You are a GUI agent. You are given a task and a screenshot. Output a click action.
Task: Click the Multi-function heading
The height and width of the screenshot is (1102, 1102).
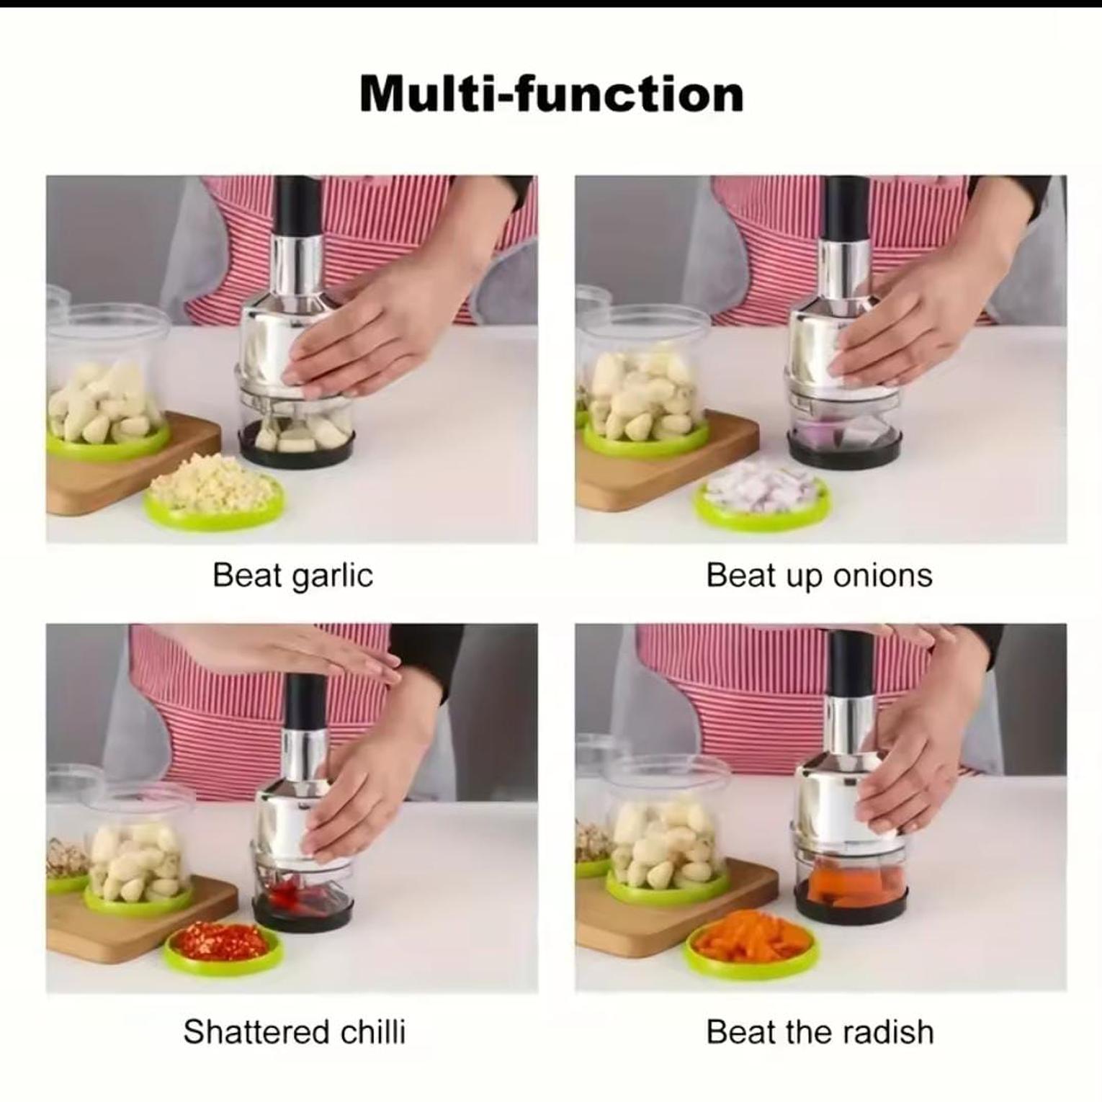pos(551,94)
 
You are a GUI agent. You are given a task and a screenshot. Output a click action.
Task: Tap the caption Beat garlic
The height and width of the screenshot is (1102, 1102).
pos(292,575)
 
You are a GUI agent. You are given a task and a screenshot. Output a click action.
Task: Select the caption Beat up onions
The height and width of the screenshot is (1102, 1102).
pos(819,575)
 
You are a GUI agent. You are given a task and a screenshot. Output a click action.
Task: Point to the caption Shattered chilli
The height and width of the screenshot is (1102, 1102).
pos(295,1031)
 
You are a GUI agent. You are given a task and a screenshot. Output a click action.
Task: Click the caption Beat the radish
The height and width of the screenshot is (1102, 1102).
pos(820,1031)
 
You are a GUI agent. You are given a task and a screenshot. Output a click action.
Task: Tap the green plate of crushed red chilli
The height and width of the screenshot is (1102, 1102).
pos(223,945)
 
